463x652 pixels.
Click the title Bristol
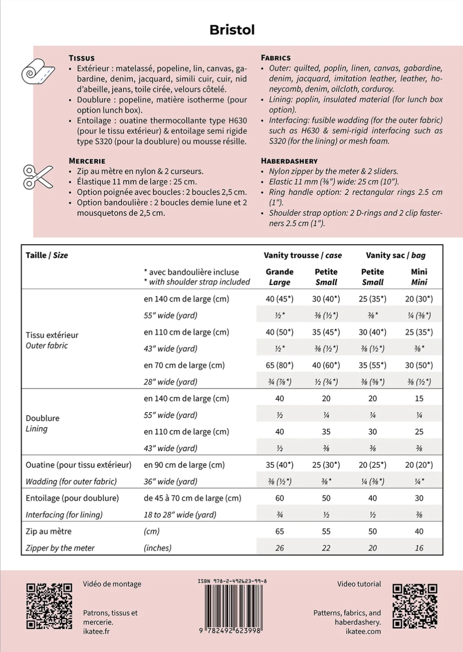click(x=232, y=30)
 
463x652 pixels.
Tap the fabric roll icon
click(x=38, y=72)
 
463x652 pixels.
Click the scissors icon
click(x=38, y=177)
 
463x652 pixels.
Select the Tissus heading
click(x=81, y=58)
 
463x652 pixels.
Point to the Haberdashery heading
click(x=289, y=161)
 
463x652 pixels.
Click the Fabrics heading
click(x=275, y=58)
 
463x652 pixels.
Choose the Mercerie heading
click(x=87, y=161)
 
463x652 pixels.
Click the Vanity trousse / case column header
click(x=302, y=255)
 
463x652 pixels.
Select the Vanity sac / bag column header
click(x=395, y=255)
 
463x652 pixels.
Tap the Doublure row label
click(x=43, y=418)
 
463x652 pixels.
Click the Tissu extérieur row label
click(x=52, y=335)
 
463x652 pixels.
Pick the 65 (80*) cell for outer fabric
click(x=279, y=365)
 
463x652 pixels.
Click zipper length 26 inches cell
click(x=279, y=548)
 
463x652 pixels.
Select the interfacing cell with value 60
click(x=279, y=498)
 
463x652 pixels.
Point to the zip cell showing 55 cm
click(x=326, y=531)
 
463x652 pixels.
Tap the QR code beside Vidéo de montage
click(x=49, y=606)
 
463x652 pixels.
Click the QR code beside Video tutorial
click(x=415, y=606)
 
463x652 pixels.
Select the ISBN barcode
click(x=232, y=607)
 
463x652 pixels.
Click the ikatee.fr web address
click(x=96, y=631)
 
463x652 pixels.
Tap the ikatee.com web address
click(x=363, y=631)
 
